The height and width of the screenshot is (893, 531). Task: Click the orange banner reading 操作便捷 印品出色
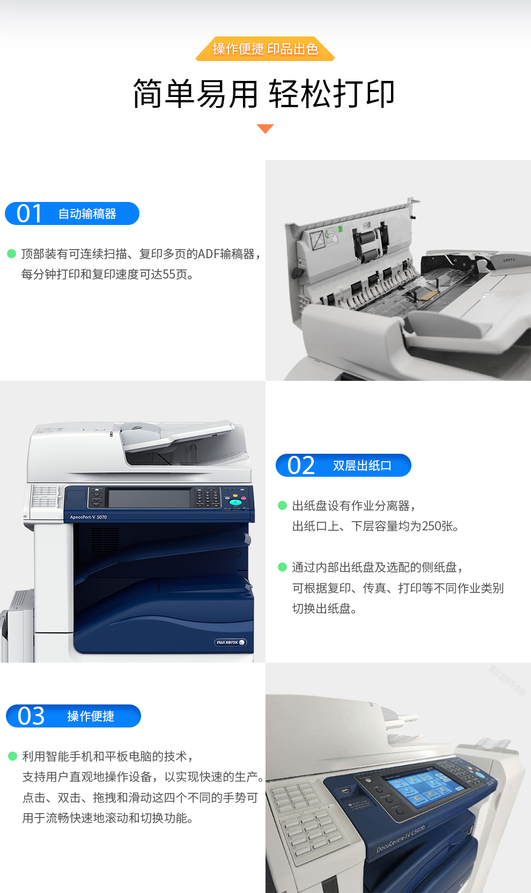pyautogui.click(x=265, y=49)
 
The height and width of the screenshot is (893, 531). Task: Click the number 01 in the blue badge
pyautogui.click(x=29, y=213)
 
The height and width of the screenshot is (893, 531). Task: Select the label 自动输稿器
pyautogui.click(x=87, y=214)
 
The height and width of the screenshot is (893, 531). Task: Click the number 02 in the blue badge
pyautogui.click(x=301, y=465)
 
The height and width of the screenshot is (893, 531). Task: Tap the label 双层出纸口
pyautogui.click(x=362, y=466)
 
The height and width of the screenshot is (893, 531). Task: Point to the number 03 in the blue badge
pyautogui.click(x=31, y=716)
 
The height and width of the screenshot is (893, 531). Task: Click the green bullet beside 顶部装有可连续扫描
pyautogui.click(x=12, y=253)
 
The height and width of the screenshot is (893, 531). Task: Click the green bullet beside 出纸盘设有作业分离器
pyautogui.click(x=282, y=506)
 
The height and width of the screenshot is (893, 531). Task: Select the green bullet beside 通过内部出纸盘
pyautogui.click(x=282, y=567)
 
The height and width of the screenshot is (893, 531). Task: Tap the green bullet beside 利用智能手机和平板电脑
pyautogui.click(x=12, y=756)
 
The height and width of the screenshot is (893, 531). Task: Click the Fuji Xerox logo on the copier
pyautogui.click(x=230, y=642)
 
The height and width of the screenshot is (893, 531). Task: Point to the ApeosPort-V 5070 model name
pyautogui.click(x=88, y=517)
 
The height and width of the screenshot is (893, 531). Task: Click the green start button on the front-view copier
pyautogui.click(x=235, y=502)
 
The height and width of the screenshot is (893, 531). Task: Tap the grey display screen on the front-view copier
pyautogui.click(x=149, y=499)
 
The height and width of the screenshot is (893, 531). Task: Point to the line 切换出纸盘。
pyautogui.click(x=324, y=609)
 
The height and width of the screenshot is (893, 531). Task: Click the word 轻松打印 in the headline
pyautogui.click(x=332, y=94)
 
